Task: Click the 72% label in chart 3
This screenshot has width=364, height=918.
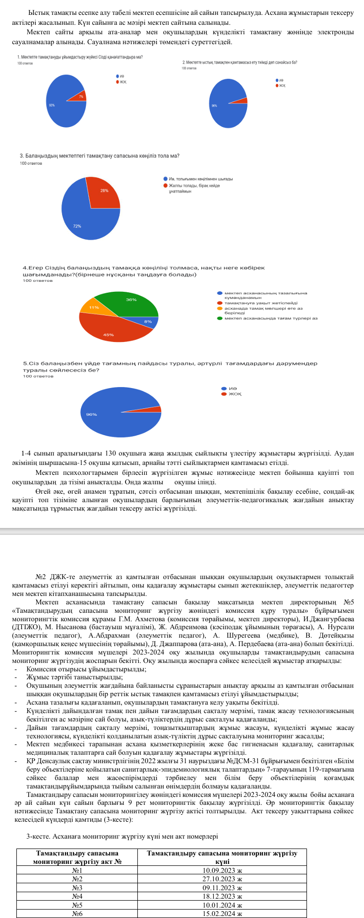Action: (77, 226)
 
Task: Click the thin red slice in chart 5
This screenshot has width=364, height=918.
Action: (154, 409)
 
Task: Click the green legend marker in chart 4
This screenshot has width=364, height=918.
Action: (219, 318)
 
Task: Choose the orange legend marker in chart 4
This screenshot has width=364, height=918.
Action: (219, 308)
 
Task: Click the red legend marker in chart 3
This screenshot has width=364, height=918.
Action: (165, 186)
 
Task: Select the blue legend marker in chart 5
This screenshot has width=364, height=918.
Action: (224, 389)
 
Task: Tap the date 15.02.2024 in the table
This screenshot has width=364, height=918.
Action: (222, 914)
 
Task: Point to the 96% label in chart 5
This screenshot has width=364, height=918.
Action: (91, 414)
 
